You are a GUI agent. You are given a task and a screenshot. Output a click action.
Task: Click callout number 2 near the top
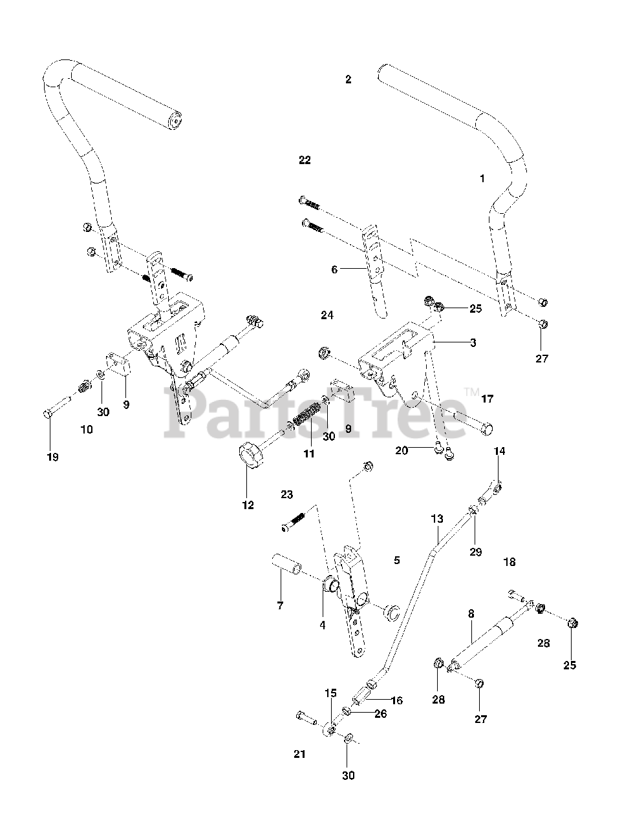(x=349, y=79)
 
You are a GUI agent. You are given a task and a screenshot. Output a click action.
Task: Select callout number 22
(x=305, y=160)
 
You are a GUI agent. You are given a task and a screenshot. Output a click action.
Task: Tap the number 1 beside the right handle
(x=482, y=178)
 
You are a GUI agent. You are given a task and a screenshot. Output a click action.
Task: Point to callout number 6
(x=334, y=269)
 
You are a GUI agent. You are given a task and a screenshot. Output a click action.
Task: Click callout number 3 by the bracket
(x=473, y=343)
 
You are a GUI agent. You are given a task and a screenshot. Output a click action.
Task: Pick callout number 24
(x=327, y=315)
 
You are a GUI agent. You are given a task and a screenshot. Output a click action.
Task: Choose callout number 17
(x=487, y=399)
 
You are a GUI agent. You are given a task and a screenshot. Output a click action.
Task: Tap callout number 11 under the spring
(x=309, y=454)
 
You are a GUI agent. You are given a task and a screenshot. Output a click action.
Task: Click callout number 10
(x=87, y=429)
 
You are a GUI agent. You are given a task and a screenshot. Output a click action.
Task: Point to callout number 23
(x=287, y=494)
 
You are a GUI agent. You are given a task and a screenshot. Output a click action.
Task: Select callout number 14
(x=500, y=450)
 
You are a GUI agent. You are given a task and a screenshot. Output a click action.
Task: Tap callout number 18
(x=510, y=562)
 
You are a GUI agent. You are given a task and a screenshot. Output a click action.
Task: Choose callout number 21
(x=299, y=754)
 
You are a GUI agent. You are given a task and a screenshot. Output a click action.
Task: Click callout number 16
(x=396, y=700)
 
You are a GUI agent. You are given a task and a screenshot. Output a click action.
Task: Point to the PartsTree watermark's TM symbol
(x=471, y=392)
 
